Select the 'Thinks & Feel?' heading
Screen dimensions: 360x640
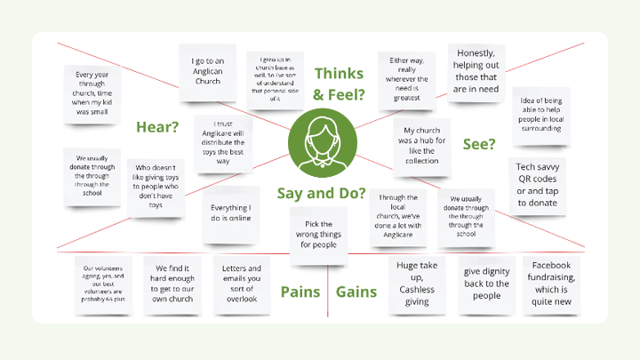pyautogui.click(x=339, y=84)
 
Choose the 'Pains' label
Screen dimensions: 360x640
pyautogui.click(x=300, y=292)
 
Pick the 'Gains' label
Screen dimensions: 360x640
pyautogui.click(x=356, y=292)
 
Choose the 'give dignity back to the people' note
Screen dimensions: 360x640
pyautogui.click(x=485, y=284)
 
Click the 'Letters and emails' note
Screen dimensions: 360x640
pyautogui.click(x=241, y=284)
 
